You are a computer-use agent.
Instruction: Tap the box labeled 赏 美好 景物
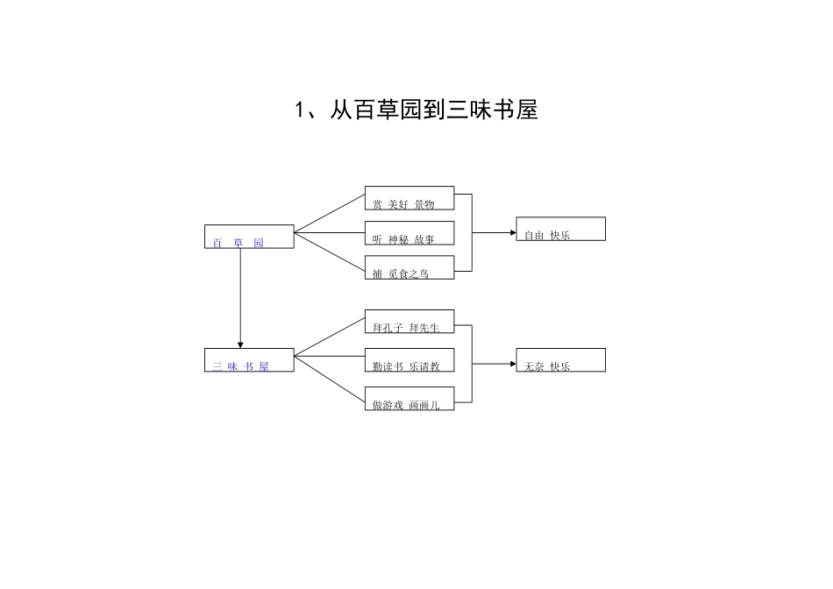coord(409,198)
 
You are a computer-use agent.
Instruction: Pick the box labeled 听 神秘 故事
coord(409,233)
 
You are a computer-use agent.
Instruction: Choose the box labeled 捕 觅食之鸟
coord(409,267)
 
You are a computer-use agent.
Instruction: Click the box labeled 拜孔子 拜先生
coord(409,322)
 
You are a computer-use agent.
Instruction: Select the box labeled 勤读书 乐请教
coord(409,360)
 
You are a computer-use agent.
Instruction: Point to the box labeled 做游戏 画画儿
coord(409,399)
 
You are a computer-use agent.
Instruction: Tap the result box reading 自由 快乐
coord(560,229)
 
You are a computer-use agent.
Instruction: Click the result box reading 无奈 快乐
coord(560,360)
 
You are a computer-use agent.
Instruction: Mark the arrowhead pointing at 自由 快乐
coord(511,233)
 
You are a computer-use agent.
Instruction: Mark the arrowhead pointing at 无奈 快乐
coord(511,363)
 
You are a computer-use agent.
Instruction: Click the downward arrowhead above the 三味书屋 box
coord(240,344)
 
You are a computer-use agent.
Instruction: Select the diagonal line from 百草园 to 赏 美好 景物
coord(330,215)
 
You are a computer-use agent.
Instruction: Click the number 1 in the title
coord(299,110)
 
